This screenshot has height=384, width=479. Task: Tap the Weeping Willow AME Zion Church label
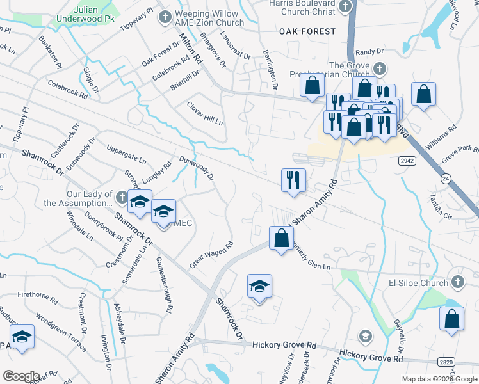pos(209,18)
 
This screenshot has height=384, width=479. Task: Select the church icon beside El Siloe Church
pos(457,282)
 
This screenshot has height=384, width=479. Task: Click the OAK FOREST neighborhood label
pos(307,31)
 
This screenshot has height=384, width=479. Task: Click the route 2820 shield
pos(447,362)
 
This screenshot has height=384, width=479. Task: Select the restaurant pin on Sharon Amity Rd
pos(293,179)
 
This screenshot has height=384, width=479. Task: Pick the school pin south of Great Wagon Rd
pos(259,286)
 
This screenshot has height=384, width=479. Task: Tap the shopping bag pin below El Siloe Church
pos(451,318)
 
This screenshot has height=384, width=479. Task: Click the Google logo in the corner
pos(20,376)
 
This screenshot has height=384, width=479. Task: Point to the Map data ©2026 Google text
pos(439,379)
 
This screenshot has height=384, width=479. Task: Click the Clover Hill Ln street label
pos(204,113)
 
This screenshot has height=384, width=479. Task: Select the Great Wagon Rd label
pos(211,255)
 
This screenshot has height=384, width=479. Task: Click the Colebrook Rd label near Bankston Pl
pos(67,88)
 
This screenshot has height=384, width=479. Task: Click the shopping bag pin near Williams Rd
pos(423,95)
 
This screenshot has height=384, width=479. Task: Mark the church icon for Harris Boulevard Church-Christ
pos(346,6)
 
